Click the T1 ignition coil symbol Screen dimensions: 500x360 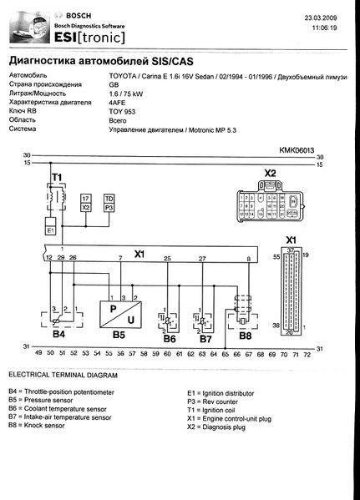click(x=56, y=195)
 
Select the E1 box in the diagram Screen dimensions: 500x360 click(x=50, y=226)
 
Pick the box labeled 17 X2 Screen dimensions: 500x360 click(x=86, y=201)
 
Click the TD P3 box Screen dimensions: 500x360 click(x=109, y=201)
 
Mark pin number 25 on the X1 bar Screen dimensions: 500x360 click(x=168, y=259)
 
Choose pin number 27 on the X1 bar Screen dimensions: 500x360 click(x=202, y=259)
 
